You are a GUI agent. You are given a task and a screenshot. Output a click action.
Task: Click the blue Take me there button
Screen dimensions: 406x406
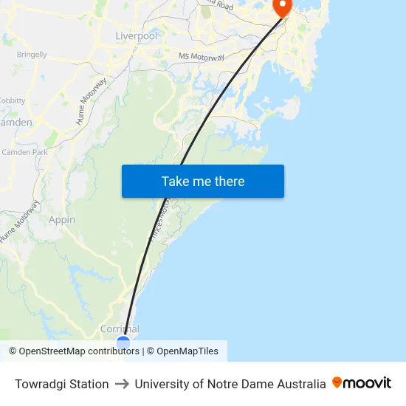coord(203,182)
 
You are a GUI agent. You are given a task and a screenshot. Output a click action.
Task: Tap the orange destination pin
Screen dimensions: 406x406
coord(282,7)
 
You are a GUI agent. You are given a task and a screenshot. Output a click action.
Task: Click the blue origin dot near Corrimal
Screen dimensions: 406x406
coord(123,343)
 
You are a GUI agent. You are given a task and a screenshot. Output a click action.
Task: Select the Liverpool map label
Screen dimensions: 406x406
coord(137,35)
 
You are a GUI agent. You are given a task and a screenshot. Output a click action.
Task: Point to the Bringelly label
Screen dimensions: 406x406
coord(32,55)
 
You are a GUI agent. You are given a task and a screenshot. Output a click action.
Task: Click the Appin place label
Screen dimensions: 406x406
coord(62,219)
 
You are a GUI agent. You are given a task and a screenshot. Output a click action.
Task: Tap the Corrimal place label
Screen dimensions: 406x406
coord(120,329)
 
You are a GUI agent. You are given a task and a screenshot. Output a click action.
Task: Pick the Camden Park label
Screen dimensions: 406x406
coord(24,152)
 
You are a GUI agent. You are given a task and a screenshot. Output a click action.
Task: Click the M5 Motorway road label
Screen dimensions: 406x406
coord(201,56)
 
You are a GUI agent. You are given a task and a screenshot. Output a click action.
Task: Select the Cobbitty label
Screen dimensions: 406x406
coord(13,100)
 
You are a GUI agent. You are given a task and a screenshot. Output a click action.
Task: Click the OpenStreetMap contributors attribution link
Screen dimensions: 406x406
coord(79,351)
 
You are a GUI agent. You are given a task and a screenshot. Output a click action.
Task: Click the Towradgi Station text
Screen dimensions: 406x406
coord(62,384)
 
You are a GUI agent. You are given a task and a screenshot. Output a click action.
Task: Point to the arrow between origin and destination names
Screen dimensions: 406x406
coord(122,384)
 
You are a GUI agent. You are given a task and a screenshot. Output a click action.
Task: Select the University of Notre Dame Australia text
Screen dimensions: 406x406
coord(230,384)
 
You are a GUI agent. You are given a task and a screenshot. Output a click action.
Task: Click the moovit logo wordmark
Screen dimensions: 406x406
coord(368,383)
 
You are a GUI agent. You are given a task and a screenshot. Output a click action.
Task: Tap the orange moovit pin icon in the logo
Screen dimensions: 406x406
coord(337,382)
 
